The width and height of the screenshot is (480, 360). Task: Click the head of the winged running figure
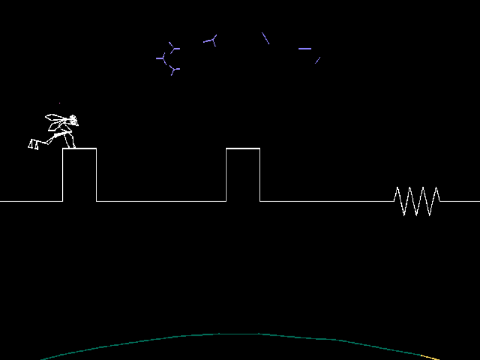[x=73, y=120]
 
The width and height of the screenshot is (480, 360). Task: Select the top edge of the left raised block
[x=79, y=148]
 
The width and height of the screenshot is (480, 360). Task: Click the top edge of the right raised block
[x=243, y=148]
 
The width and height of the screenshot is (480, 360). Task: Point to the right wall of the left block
[x=96, y=175]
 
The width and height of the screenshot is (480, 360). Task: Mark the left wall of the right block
[x=226, y=175]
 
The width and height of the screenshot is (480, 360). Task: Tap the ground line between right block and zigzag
[x=326, y=201]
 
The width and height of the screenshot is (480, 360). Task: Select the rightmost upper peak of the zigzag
[x=436, y=187]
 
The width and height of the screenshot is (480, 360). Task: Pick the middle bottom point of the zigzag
[x=417, y=215]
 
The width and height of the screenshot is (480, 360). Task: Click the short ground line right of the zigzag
[x=460, y=201]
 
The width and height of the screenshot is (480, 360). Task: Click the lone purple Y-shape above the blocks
[x=212, y=40]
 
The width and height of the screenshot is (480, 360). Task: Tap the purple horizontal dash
[x=305, y=49]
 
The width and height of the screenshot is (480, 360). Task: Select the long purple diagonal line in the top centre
[x=265, y=38]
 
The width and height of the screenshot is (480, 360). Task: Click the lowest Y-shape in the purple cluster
[x=174, y=71]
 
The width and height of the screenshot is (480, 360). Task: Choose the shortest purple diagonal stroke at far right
[x=318, y=60]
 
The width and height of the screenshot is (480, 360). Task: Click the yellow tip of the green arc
[x=430, y=357]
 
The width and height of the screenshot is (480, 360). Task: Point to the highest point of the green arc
[x=237, y=334]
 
